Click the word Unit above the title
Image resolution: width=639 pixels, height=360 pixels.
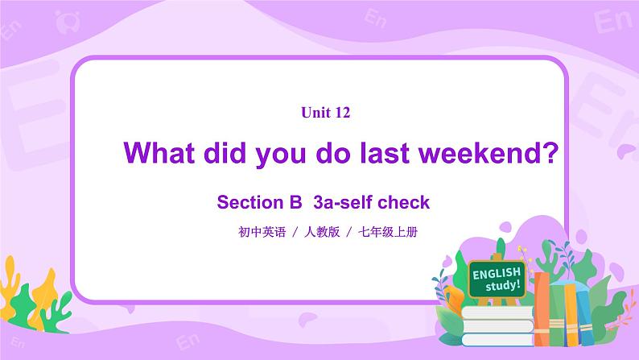tap(315, 114)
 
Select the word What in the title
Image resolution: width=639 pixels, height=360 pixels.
tap(157, 152)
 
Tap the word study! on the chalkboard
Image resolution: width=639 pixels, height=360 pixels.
tap(504, 286)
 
